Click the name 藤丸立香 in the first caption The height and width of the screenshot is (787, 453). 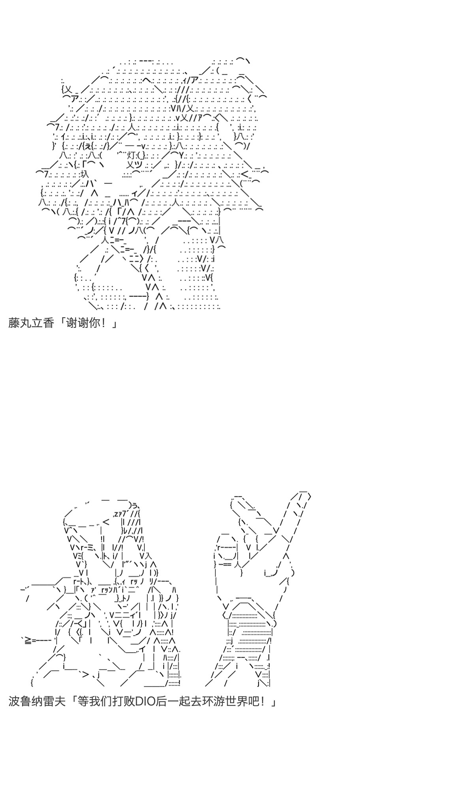[x=31, y=323]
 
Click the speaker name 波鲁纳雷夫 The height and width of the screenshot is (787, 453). [x=37, y=702]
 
